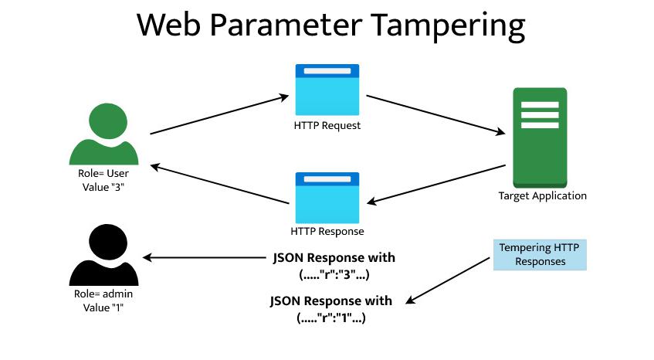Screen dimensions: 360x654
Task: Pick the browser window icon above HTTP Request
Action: [327, 90]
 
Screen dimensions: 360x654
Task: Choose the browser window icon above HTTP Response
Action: [327, 197]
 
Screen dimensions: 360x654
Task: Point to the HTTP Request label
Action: [327, 124]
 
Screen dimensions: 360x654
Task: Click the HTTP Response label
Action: [327, 231]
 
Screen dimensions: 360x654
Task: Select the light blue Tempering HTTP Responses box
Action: [540, 254]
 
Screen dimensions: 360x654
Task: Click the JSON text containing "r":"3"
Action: [334, 265]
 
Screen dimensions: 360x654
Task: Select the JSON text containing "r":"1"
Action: [330, 309]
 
